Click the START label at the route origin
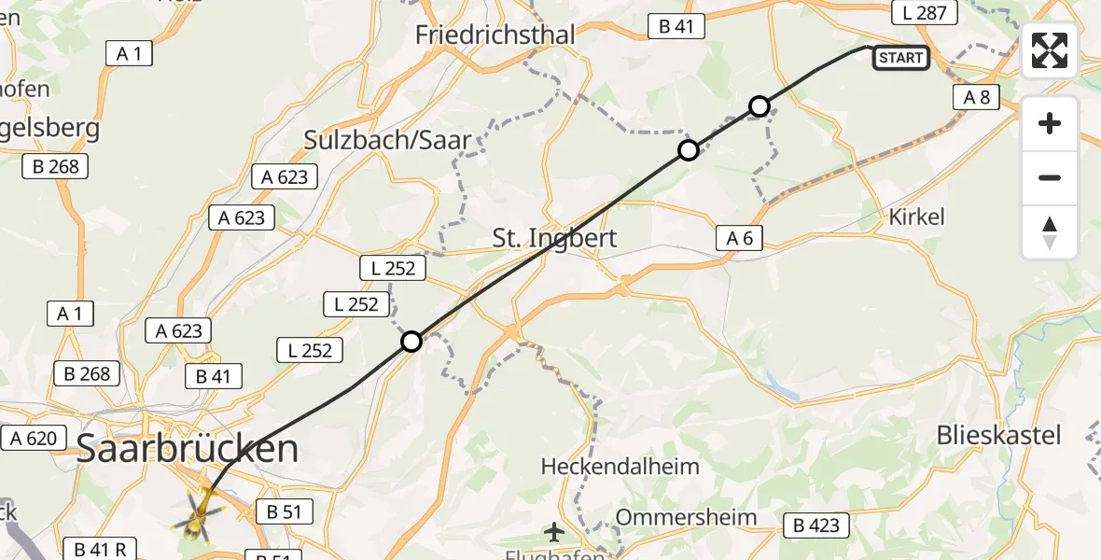900,58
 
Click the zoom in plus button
1050,123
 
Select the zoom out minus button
1050,177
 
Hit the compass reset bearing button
1050,232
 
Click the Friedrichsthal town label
495,35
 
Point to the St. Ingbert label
554,238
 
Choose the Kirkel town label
916,217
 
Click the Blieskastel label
998,435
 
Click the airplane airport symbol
554,533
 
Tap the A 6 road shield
739,238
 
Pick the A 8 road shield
977,97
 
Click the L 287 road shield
925,12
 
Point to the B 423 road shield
816,525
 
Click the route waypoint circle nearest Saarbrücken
411,342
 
